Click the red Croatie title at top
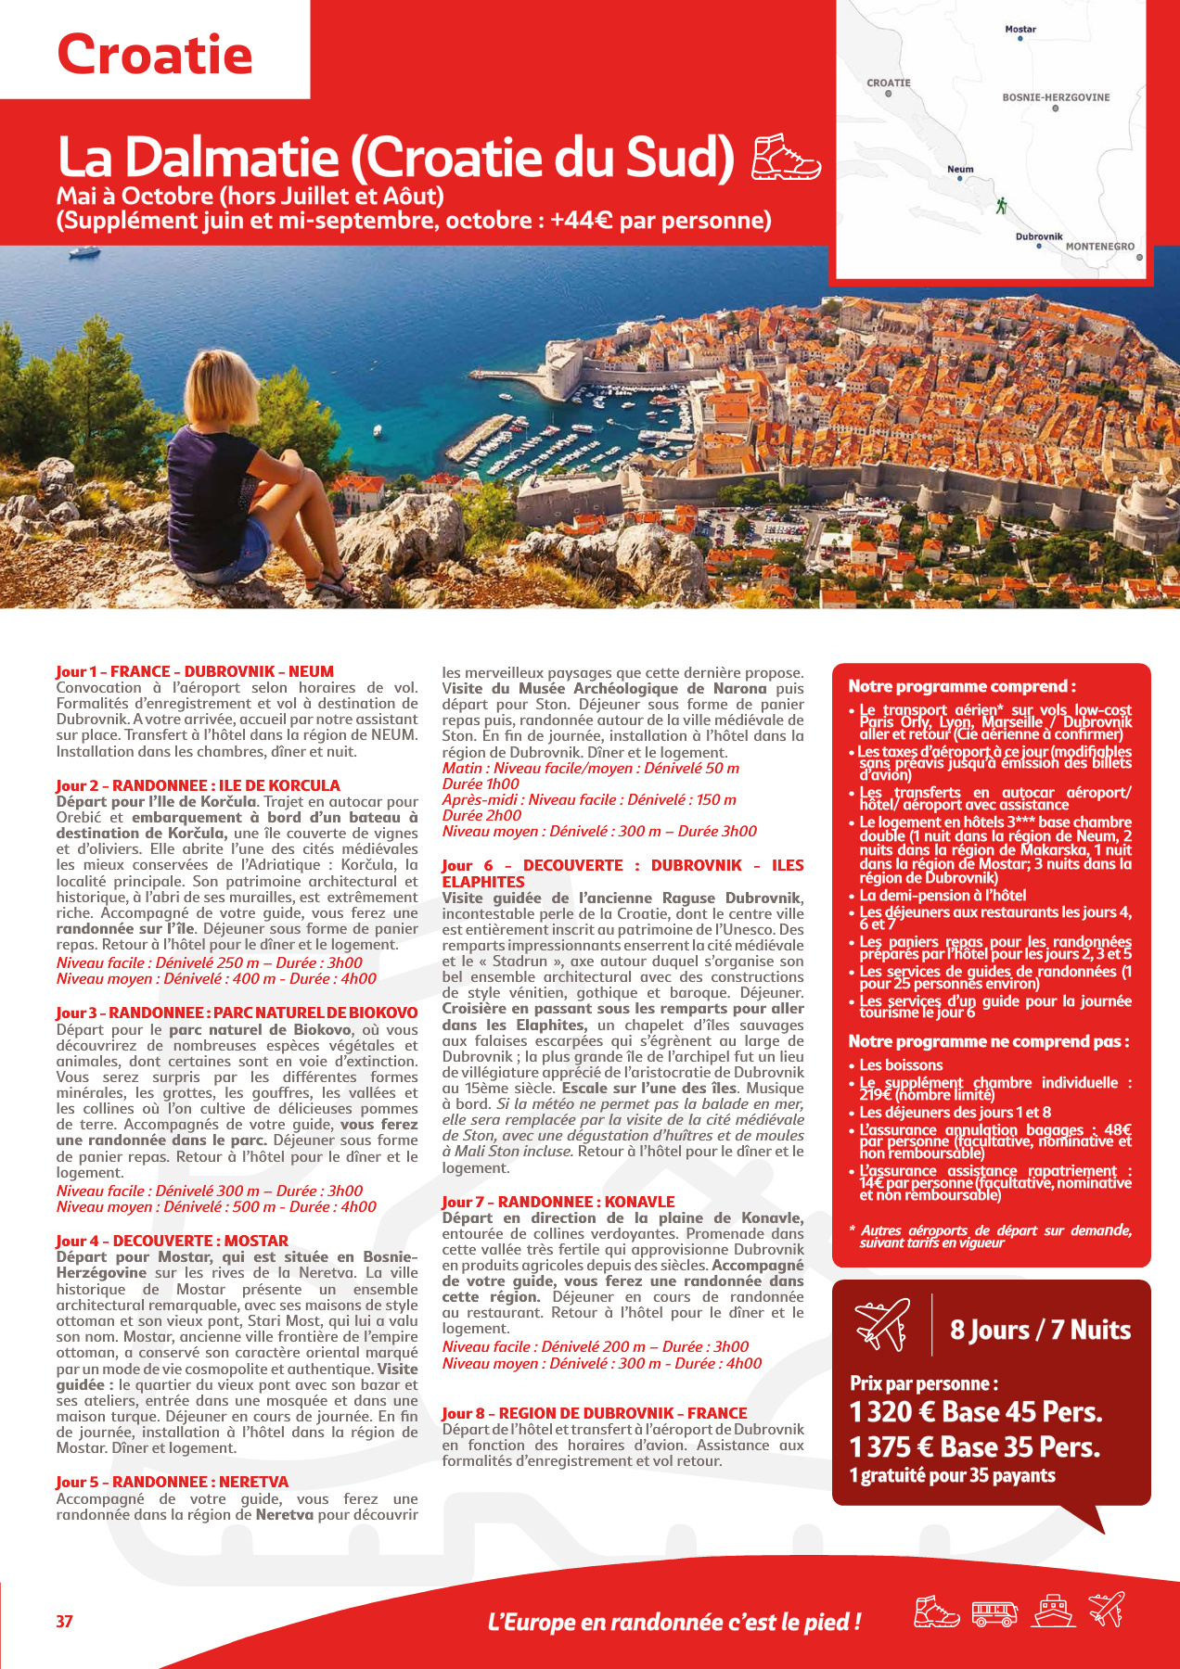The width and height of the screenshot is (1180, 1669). (155, 54)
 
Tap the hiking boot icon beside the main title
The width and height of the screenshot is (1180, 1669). (785, 157)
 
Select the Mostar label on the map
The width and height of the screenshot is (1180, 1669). (1020, 30)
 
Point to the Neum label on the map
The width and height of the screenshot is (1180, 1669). (960, 169)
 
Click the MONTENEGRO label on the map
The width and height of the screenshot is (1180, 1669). (1099, 247)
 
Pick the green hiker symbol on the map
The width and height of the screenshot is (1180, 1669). (1001, 206)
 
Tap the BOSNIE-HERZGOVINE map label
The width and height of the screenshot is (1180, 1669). (1056, 97)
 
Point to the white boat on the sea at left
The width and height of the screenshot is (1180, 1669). (83, 251)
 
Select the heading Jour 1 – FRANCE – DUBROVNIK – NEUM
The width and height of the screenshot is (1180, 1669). (195, 671)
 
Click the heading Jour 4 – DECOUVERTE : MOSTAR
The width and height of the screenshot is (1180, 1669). (172, 1241)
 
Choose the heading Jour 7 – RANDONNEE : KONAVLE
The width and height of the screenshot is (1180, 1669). (558, 1202)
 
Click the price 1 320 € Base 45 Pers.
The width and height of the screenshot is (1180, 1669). (976, 1412)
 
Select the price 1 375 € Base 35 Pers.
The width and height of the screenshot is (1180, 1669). (974, 1447)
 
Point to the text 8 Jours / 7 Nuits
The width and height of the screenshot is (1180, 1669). (1040, 1330)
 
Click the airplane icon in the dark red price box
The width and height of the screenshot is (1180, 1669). (882, 1325)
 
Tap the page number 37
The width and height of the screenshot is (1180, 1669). (64, 1621)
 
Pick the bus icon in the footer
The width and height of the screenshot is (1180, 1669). (994, 1614)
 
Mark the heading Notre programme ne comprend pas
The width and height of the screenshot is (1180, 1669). (989, 1041)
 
